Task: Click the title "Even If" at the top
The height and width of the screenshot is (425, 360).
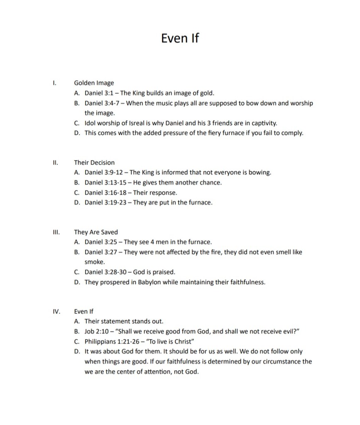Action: tap(180, 38)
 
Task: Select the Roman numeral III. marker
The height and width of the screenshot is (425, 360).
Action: tap(56, 232)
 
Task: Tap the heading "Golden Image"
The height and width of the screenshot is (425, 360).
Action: tap(94, 83)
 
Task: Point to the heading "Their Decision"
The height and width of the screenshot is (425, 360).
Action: tap(94, 162)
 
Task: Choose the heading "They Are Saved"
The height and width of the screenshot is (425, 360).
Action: tap(96, 232)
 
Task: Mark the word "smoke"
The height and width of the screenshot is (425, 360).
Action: tap(95, 262)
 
